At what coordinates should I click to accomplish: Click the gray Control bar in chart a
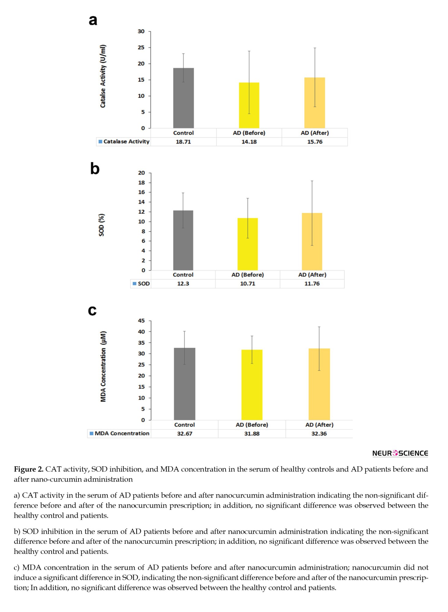click(x=183, y=98)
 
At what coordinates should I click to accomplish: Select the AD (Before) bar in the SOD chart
click(x=247, y=244)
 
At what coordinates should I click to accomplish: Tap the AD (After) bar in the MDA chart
click(x=319, y=384)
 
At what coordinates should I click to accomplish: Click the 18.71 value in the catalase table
click(x=183, y=142)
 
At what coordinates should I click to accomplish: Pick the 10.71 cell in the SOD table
click(x=247, y=284)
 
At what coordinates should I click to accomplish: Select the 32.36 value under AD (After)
click(x=319, y=434)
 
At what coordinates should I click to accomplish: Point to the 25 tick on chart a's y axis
click(x=141, y=47)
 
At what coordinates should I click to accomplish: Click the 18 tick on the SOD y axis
click(x=141, y=183)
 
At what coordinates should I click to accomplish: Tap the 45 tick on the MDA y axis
click(x=141, y=321)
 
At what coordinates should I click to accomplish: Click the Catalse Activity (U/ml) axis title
click(x=103, y=76)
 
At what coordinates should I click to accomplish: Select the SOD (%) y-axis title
click(x=101, y=225)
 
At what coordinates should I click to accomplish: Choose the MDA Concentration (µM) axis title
click(x=103, y=366)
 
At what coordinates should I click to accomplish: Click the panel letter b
click(x=95, y=168)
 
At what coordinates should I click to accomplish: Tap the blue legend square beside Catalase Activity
click(x=100, y=142)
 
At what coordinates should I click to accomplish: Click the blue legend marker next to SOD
click(x=134, y=284)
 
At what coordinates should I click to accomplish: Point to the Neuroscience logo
click(x=400, y=453)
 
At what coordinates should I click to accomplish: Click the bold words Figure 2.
click(x=29, y=469)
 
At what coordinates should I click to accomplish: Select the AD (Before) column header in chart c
click(x=252, y=425)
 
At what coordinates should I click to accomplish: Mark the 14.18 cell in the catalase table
click(x=249, y=142)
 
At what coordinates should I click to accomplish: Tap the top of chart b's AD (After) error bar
click(x=312, y=181)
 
